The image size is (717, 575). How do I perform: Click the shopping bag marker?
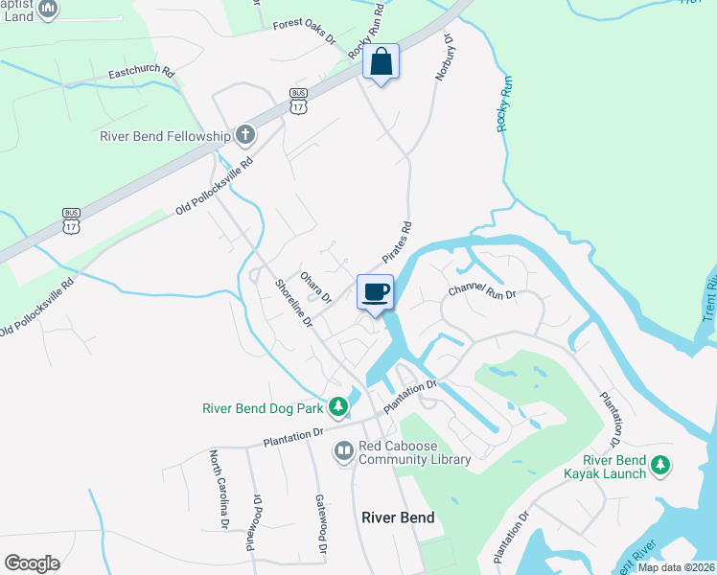pyautogui.click(x=381, y=61)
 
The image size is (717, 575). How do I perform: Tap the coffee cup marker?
pyautogui.click(x=375, y=290)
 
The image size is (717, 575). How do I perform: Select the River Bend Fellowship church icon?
pyautogui.click(x=245, y=134)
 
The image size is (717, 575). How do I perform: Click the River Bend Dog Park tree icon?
pyautogui.click(x=337, y=408)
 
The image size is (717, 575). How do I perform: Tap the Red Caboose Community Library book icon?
pyautogui.click(x=343, y=449)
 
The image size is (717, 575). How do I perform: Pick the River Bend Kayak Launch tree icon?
pyautogui.click(x=659, y=465)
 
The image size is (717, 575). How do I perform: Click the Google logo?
pyautogui.click(x=32, y=563)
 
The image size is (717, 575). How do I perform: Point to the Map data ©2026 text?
pyautogui.click(x=677, y=567)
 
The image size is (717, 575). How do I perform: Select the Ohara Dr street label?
pyautogui.click(x=315, y=286)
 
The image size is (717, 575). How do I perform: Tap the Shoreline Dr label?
pyautogui.click(x=294, y=303)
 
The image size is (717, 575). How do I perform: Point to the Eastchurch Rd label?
pyautogui.click(x=141, y=73)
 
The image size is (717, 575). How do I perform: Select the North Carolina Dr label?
pyautogui.click(x=220, y=489)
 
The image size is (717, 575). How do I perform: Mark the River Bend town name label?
pyautogui.click(x=398, y=517)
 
